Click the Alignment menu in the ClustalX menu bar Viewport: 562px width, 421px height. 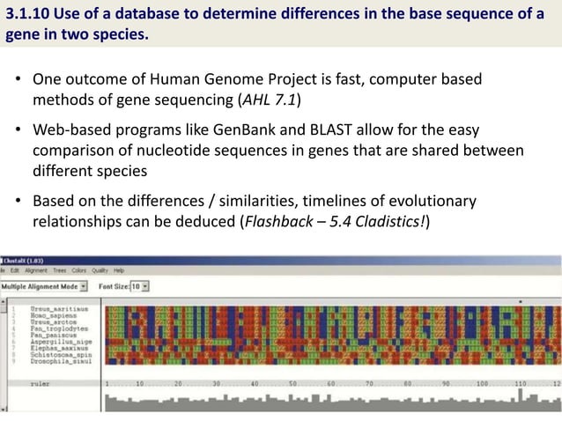click(36, 271)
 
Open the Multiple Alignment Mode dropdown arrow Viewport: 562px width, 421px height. click(83, 285)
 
